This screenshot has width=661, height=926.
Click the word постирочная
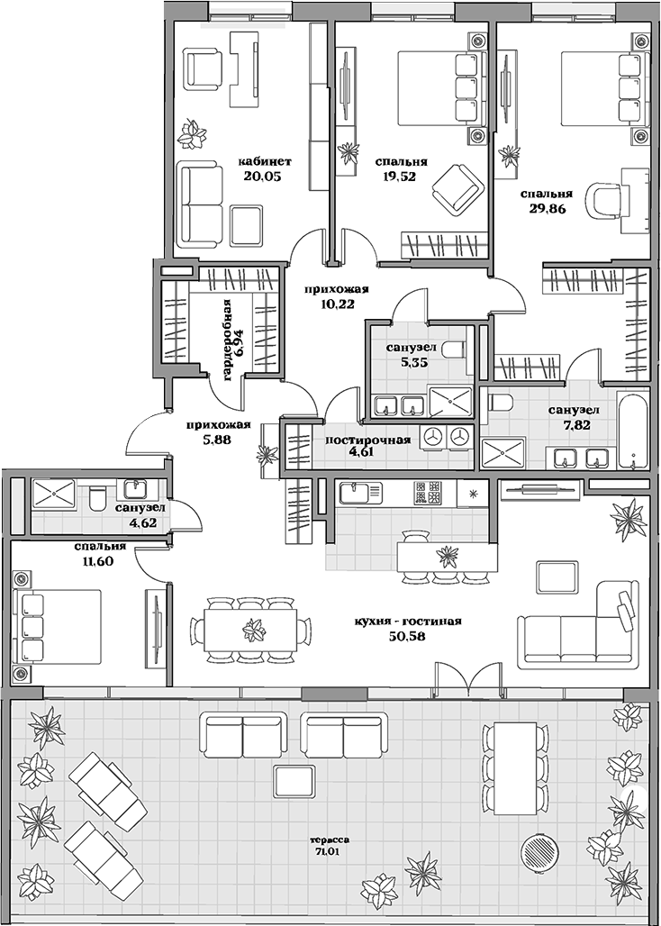click(x=367, y=440)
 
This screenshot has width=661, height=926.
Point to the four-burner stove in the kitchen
click(x=427, y=493)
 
